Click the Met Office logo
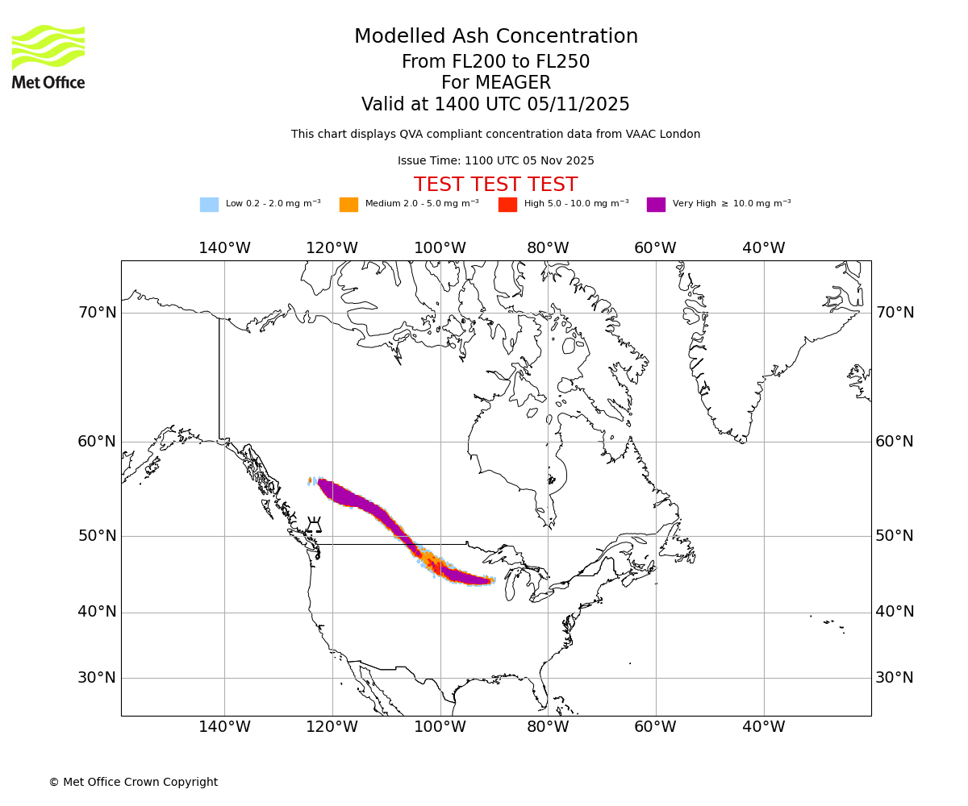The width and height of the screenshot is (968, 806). click(x=48, y=56)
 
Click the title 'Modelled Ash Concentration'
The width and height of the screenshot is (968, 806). click(x=496, y=36)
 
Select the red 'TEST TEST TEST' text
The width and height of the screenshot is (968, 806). click(x=495, y=185)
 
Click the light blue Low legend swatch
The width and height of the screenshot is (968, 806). click(x=209, y=205)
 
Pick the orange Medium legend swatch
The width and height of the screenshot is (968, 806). click(x=348, y=205)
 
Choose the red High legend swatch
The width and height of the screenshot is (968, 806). click(x=507, y=205)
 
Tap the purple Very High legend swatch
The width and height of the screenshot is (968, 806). click(x=656, y=205)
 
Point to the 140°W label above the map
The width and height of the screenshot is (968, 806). click(x=224, y=248)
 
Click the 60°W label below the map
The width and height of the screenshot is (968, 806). click(x=655, y=727)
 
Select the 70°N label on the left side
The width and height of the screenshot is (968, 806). click(x=97, y=313)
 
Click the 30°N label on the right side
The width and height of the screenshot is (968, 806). click(x=895, y=678)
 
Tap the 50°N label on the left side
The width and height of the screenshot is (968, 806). click(x=97, y=536)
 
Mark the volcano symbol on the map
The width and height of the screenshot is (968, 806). click(x=314, y=525)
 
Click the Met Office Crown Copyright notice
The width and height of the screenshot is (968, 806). click(x=133, y=782)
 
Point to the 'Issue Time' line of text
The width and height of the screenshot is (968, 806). click(x=495, y=160)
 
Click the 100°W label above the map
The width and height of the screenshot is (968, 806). click(x=440, y=248)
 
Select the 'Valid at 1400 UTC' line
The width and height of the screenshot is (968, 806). click(x=495, y=105)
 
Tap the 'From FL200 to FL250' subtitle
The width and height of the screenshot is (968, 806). click(x=495, y=62)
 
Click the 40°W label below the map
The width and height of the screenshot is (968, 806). click(x=763, y=727)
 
